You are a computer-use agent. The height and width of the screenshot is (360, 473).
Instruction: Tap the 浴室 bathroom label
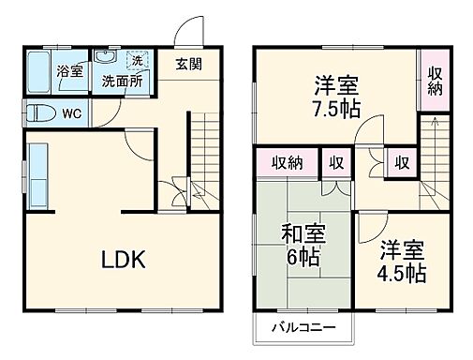(x=68, y=71)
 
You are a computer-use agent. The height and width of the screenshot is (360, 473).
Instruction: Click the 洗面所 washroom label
(x=122, y=81)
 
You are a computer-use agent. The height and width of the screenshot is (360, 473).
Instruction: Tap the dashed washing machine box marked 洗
(x=137, y=61)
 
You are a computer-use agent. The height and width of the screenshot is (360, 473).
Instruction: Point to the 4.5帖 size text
(x=402, y=273)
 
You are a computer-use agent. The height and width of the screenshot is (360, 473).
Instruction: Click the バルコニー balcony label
(x=303, y=327)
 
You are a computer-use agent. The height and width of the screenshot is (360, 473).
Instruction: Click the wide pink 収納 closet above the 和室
(x=288, y=163)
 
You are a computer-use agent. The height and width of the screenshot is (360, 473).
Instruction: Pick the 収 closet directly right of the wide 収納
(x=333, y=163)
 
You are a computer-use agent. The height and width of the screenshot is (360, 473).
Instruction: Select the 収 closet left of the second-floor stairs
(x=401, y=163)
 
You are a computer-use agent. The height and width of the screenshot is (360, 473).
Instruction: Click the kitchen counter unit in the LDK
(x=37, y=175)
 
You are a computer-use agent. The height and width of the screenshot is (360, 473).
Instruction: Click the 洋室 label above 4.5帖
(x=402, y=249)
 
